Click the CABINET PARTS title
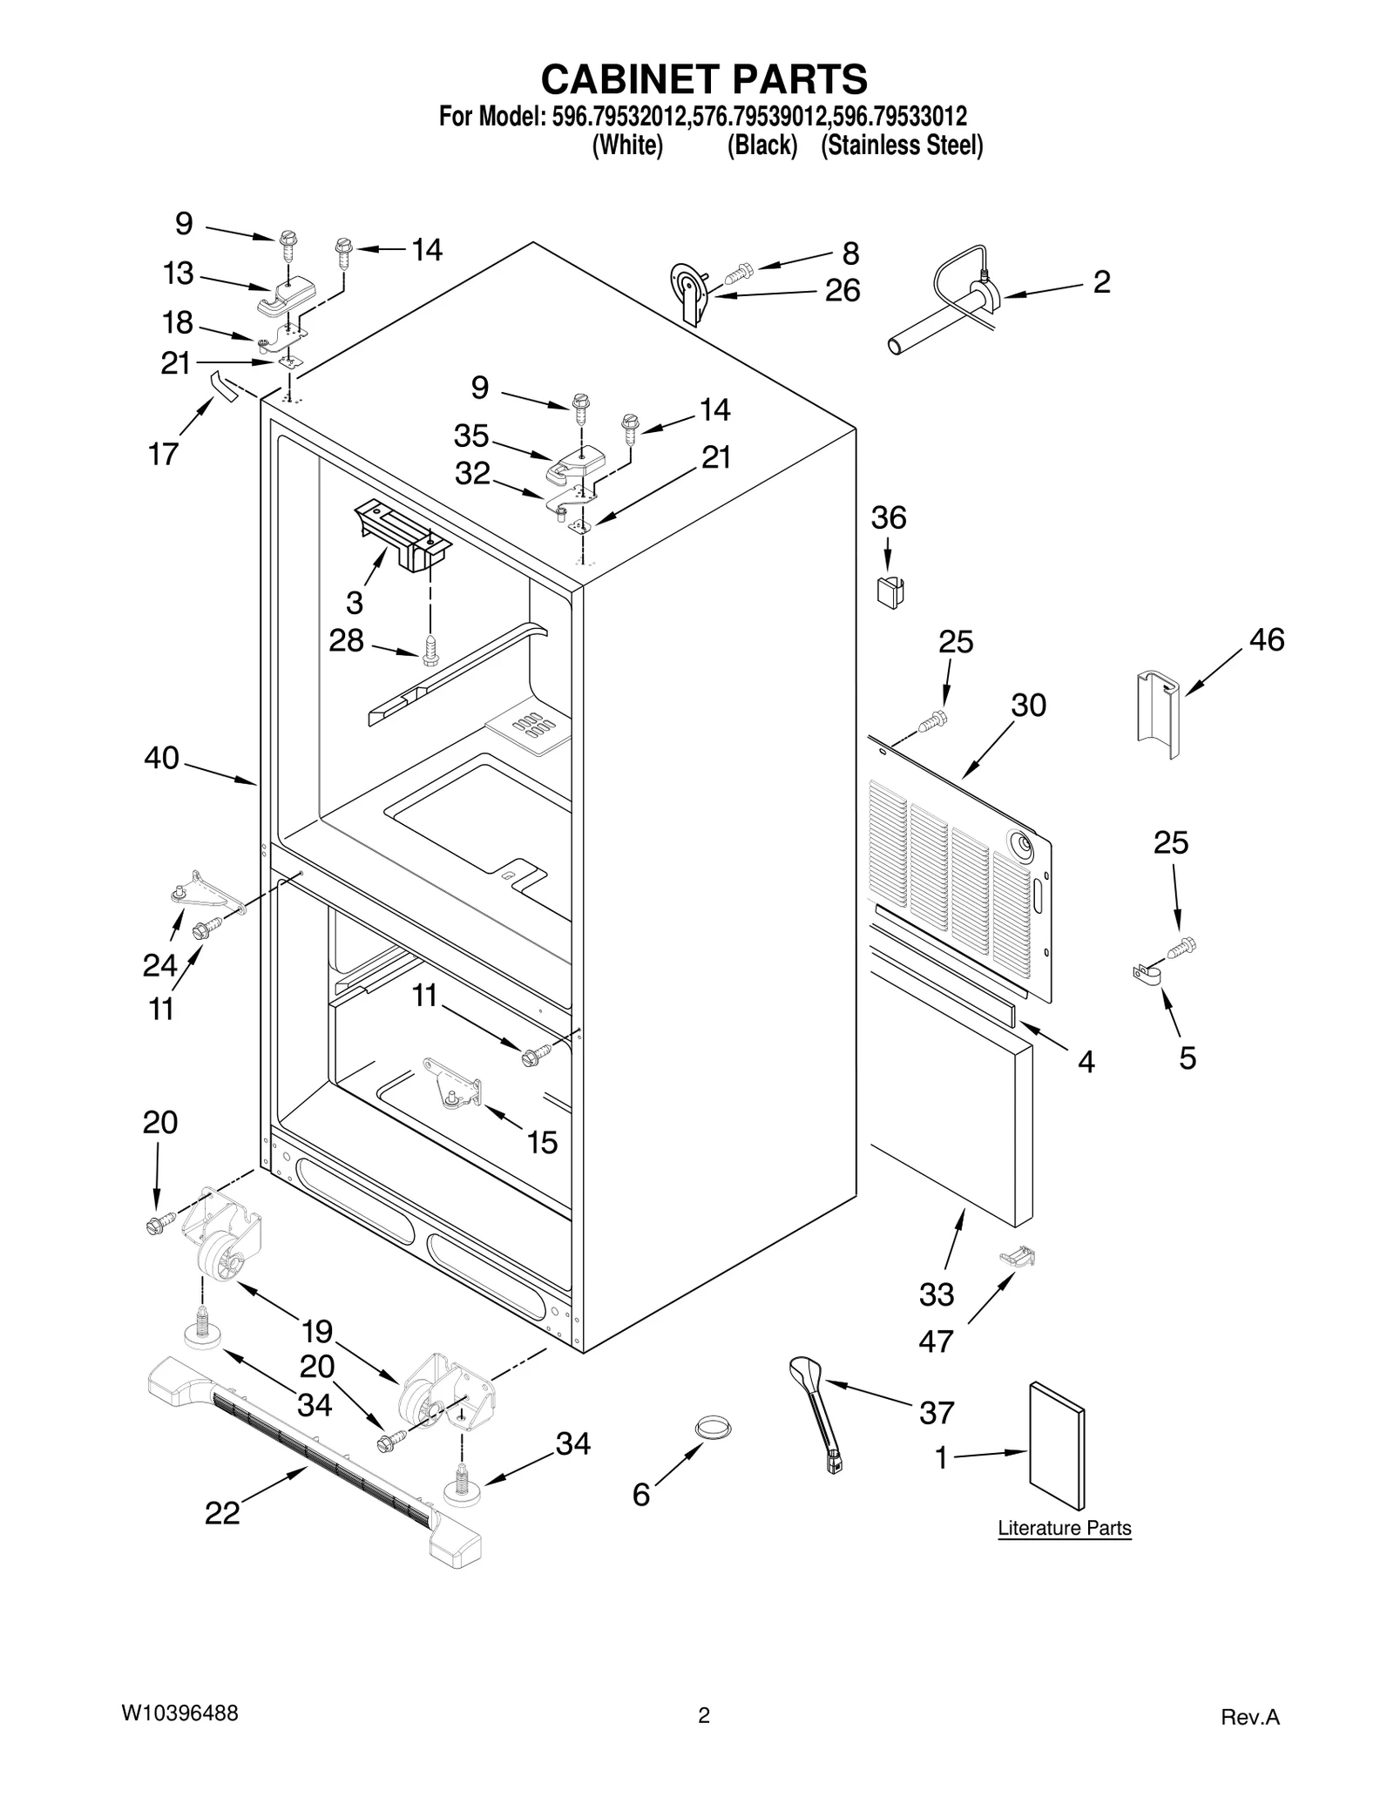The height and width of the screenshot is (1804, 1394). click(x=703, y=79)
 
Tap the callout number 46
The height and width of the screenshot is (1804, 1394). click(x=1266, y=639)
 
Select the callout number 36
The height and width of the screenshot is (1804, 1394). click(x=889, y=517)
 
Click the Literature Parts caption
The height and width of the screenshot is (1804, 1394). click(x=1064, y=1528)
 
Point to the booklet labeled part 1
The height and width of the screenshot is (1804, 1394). click(x=1057, y=1445)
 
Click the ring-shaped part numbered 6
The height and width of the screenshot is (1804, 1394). click(x=713, y=1428)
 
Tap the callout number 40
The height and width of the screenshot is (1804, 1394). click(x=161, y=758)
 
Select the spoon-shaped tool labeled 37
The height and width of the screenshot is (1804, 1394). click(x=816, y=1404)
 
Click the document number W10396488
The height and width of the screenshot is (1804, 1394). click(x=179, y=1713)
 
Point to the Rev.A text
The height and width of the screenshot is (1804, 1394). click(x=1249, y=1718)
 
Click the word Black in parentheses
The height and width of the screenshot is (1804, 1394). click(x=762, y=145)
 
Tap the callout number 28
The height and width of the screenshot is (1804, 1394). click(x=346, y=640)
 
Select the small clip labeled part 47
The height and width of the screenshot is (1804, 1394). click(x=1018, y=1256)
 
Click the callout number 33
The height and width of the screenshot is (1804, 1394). click(x=937, y=1294)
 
